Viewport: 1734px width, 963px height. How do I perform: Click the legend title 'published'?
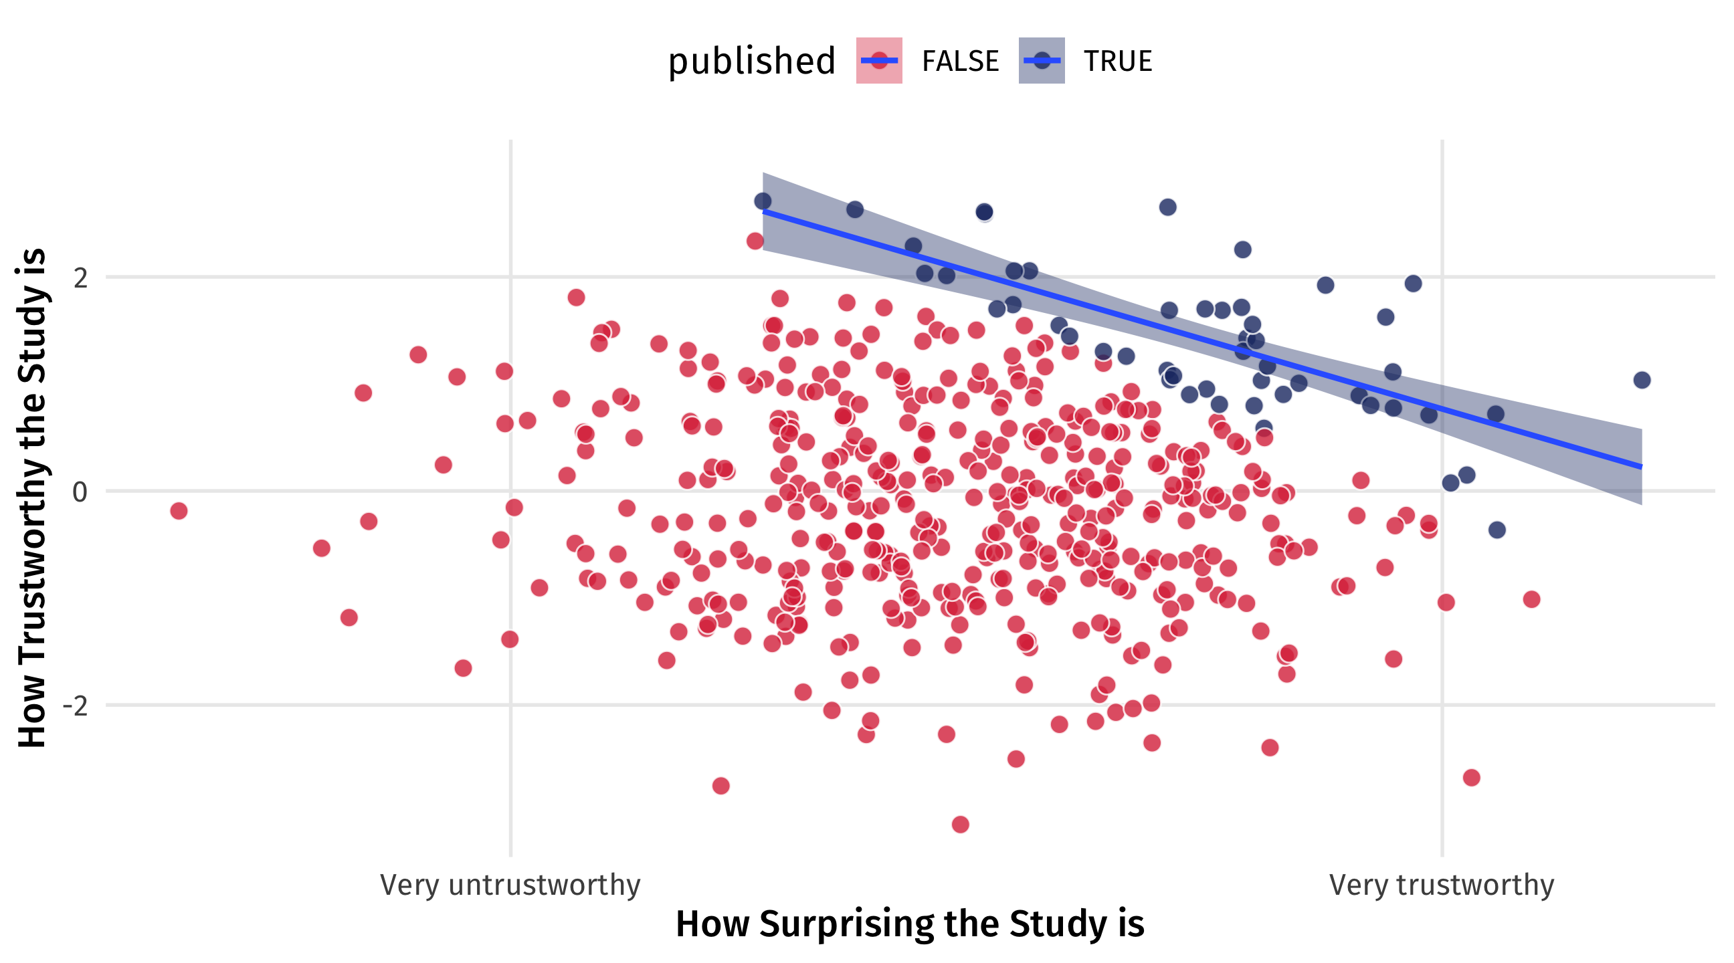point(751,62)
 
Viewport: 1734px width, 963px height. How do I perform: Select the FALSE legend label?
point(960,62)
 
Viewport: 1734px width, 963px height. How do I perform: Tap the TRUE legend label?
point(1117,62)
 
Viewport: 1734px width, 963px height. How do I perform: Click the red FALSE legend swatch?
point(878,61)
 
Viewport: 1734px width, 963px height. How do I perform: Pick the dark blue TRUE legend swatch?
point(1042,61)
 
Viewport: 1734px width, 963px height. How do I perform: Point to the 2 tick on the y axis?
point(81,278)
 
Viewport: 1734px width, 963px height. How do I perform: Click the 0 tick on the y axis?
point(80,492)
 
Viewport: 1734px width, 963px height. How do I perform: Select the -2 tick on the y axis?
point(76,706)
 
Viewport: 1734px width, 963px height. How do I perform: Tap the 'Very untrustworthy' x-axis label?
point(510,885)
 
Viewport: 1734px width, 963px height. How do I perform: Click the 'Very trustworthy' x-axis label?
point(1441,885)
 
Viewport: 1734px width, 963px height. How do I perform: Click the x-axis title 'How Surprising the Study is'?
point(909,924)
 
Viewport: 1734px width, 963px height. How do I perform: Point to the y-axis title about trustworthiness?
point(31,498)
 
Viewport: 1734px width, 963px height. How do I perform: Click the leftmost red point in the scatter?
point(179,511)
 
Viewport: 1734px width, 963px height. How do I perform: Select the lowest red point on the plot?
point(960,825)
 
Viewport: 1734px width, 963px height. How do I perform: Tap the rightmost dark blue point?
point(1642,381)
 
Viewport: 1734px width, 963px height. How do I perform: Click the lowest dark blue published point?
point(1497,530)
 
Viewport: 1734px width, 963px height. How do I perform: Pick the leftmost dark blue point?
point(763,201)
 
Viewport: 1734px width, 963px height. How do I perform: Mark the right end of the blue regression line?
point(1641,466)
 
